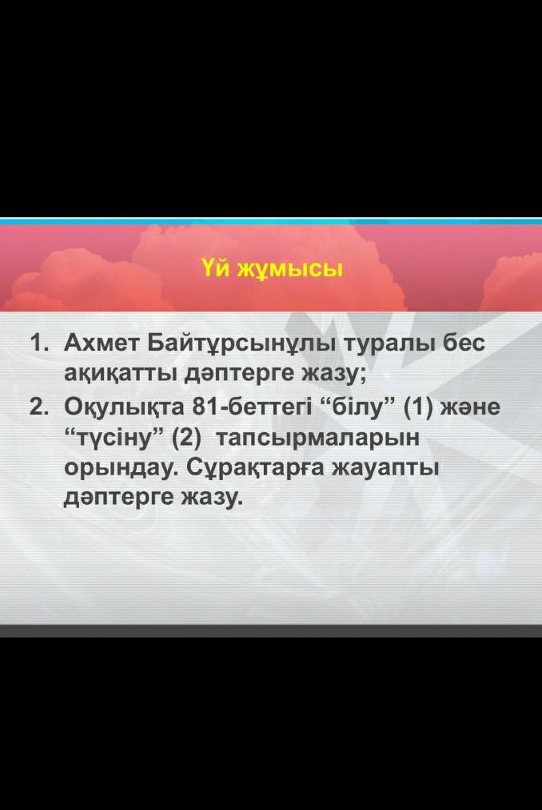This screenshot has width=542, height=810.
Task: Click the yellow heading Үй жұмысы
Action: point(272,269)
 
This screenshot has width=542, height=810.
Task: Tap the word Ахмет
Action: point(101,343)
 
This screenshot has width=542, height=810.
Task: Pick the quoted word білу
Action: point(357,407)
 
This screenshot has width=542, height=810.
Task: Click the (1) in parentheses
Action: point(416,407)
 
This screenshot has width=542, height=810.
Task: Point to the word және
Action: point(472,408)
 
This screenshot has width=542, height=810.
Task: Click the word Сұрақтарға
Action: point(254,470)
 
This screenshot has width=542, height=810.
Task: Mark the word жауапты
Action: point(385,470)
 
